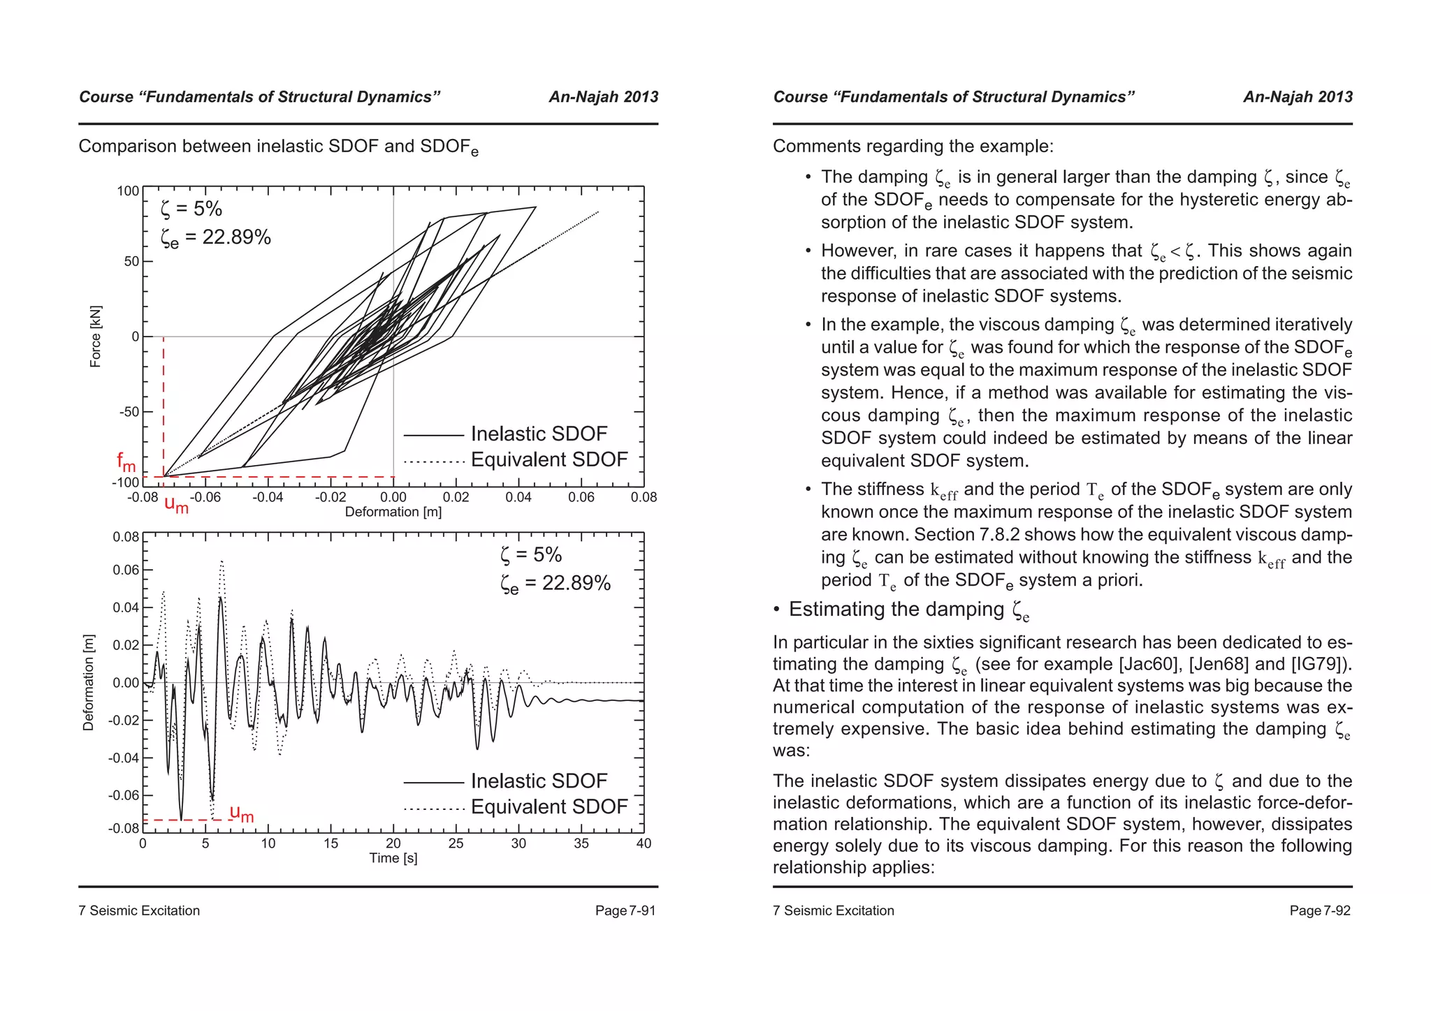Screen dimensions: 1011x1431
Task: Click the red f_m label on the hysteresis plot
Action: click(x=126, y=462)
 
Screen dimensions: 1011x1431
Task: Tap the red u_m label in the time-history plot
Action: click(x=242, y=813)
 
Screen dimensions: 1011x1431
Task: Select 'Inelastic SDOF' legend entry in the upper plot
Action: click(x=538, y=434)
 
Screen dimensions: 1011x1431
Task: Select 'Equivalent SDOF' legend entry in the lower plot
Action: click(x=549, y=806)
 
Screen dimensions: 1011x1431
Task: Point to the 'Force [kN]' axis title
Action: click(x=96, y=336)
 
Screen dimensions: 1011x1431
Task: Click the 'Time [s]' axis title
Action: click(x=393, y=858)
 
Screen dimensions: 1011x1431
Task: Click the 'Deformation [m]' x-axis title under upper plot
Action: click(x=393, y=512)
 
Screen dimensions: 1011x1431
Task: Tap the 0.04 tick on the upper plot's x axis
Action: click(x=518, y=497)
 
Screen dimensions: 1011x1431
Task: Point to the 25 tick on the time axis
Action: click(x=456, y=843)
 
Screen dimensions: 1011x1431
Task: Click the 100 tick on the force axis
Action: click(x=128, y=191)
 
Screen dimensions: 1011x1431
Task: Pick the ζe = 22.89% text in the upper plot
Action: click(x=215, y=238)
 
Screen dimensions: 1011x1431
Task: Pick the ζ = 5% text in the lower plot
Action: click(x=531, y=555)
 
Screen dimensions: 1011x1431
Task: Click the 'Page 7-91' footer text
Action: click(x=625, y=910)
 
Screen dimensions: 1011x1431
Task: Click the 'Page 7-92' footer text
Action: click(x=1319, y=910)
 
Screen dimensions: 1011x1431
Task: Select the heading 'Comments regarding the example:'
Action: click(x=913, y=147)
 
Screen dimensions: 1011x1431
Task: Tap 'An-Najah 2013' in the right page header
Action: click(x=1298, y=97)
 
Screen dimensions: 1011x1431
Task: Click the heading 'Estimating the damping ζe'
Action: click(x=908, y=610)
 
